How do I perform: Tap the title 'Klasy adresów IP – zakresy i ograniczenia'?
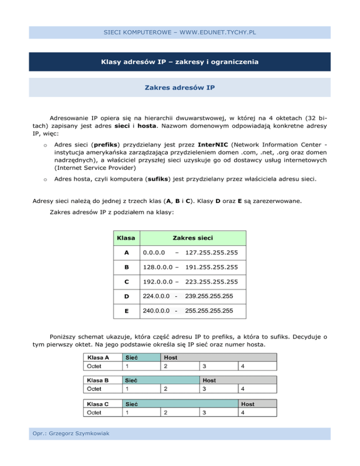(x=180, y=62)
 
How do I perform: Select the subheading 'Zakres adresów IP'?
(x=180, y=87)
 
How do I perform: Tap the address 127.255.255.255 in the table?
(x=212, y=253)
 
